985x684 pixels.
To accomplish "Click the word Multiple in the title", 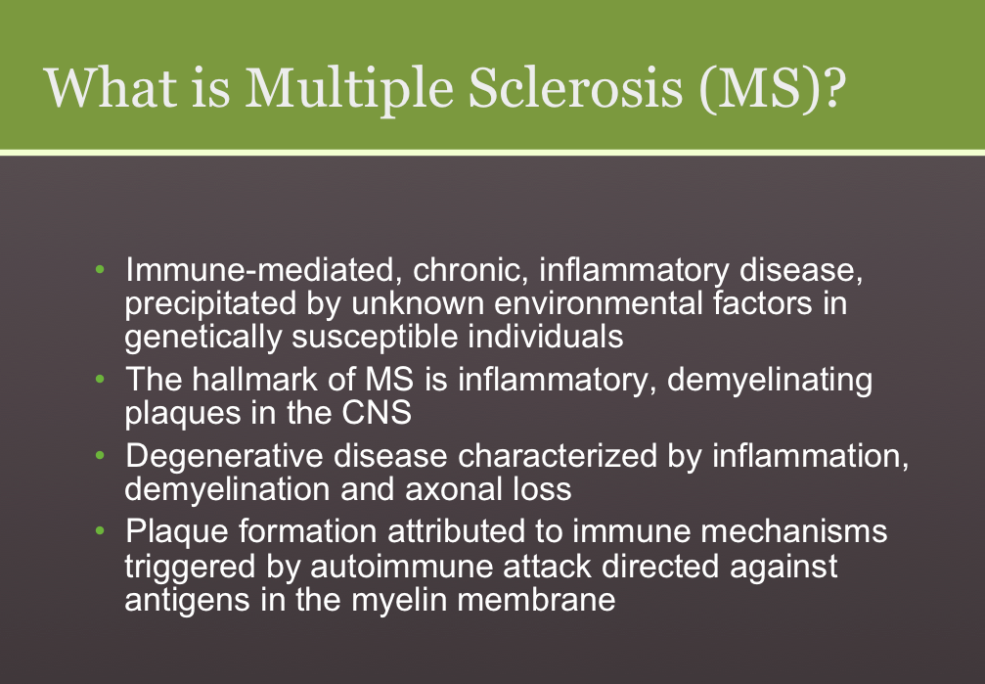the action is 348,89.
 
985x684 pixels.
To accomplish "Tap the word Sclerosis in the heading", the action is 575,87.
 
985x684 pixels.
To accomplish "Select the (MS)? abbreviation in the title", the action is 772,89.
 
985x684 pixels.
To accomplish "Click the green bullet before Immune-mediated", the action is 100,270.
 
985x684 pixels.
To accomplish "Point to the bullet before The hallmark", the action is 100,379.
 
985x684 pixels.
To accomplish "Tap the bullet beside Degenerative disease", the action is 100,455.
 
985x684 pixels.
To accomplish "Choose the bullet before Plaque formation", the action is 100,531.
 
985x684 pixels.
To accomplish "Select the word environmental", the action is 599,303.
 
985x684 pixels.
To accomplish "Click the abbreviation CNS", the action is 377,413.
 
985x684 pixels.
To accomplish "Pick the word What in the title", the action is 111,88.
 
